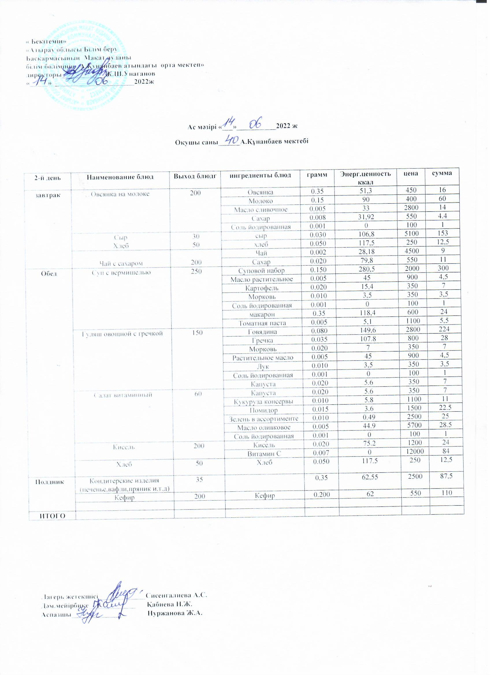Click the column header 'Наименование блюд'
(120, 177)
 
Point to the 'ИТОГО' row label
(52, 515)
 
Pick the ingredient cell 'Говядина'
(262, 331)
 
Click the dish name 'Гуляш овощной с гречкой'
(122, 334)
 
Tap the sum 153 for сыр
(443, 233)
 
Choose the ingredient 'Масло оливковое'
(264, 427)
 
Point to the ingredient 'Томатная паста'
(262, 323)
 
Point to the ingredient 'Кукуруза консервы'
(263, 402)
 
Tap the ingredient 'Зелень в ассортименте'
(263, 419)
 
